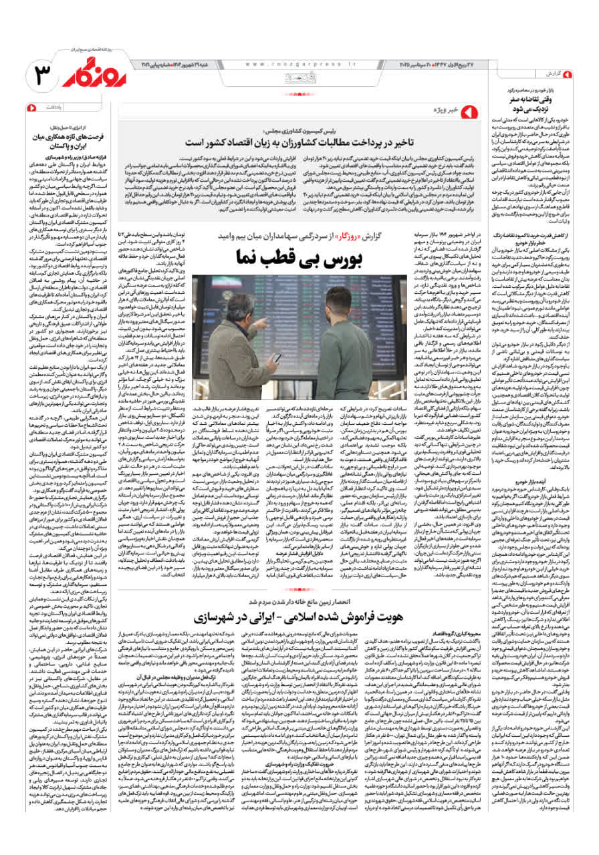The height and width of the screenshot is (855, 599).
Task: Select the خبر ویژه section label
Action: pos(445,110)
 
